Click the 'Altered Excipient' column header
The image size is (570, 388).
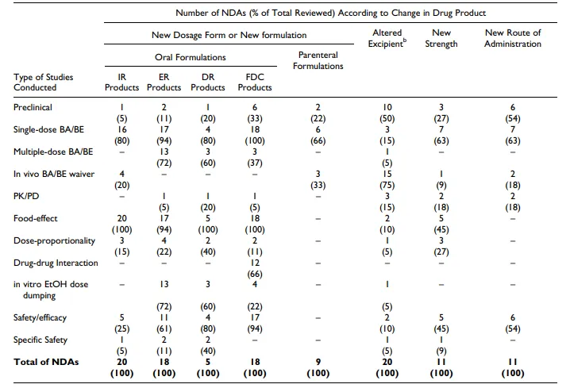tap(387, 38)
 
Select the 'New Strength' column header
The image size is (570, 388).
tap(441, 38)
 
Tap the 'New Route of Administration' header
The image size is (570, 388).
tap(513, 38)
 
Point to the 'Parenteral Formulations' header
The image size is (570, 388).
tap(318, 60)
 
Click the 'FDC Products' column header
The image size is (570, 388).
tap(255, 82)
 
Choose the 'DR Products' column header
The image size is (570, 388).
tap(208, 82)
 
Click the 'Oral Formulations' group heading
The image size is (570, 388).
tap(190, 57)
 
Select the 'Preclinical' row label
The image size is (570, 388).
tap(33, 107)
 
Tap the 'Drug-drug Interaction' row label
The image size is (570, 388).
tap(56, 263)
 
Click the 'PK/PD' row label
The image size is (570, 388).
tap(26, 196)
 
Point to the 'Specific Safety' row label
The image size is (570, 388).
tap(40, 340)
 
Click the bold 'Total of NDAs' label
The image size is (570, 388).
tap(46, 362)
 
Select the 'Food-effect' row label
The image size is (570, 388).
tap(35, 218)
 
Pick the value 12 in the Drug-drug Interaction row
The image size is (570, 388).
tap(255, 263)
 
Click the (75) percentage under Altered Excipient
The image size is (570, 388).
tap(387, 186)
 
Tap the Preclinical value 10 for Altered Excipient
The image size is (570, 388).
tap(387, 107)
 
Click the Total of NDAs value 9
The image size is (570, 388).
tap(318, 362)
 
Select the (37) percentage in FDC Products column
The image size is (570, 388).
tap(255, 163)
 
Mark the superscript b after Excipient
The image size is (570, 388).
tap(405, 40)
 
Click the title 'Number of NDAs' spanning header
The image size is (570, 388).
tap(330, 13)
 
